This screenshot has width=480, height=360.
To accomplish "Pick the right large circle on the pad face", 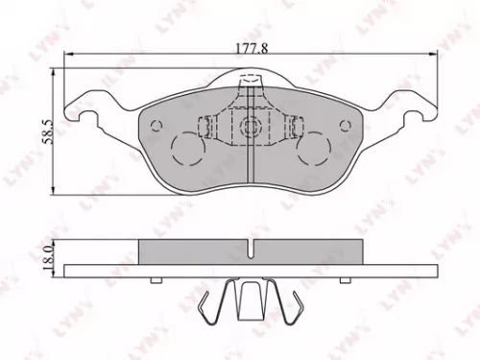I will (x=313, y=147).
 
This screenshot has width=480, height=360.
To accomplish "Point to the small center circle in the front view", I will (x=250, y=126).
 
